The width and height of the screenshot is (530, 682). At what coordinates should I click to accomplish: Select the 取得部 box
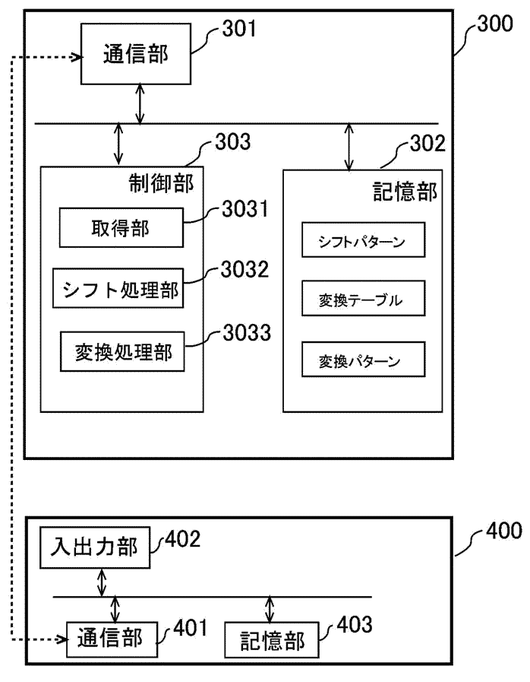pyautogui.click(x=121, y=227)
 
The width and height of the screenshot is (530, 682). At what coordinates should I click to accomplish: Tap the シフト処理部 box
pyautogui.click(x=120, y=290)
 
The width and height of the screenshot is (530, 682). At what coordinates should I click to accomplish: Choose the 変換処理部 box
pyautogui.click(x=122, y=352)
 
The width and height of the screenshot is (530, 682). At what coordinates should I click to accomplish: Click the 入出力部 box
pyautogui.click(x=94, y=547)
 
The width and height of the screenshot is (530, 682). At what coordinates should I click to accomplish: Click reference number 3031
pyautogui.click(x=245, y=209)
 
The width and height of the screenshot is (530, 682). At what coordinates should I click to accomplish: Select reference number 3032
pyautogui.click(x=245, y=270)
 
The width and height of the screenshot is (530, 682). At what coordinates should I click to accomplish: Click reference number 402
pyautogui.click(x=182, y=539)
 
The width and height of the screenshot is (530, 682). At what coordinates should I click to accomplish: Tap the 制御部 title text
pyautogui.click(x=161, y=182)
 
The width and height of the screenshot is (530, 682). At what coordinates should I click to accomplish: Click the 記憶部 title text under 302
pyautogui.click(x=405, y=191)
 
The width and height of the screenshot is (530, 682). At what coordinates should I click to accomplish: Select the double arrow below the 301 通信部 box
pyautogui.click(x=140, y=103)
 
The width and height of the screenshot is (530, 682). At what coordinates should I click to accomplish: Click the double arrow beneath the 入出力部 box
pyautogui.click(x=100, y=582)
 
